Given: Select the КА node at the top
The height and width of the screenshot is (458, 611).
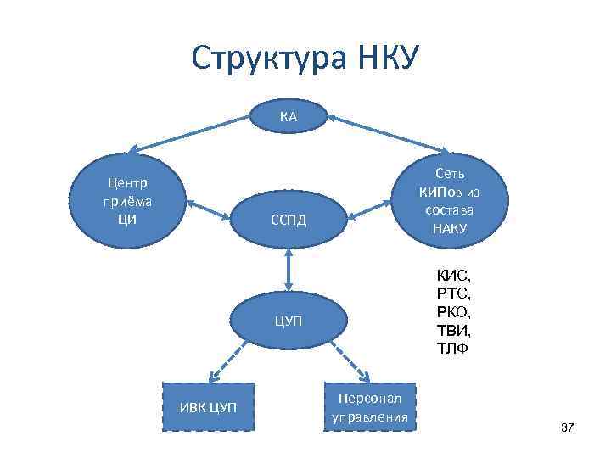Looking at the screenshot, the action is click(x=289, y=117).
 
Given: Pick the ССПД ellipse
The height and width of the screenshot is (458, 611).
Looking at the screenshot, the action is click(x=289, y=221).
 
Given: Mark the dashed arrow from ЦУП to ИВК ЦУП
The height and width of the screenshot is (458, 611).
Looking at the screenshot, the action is click(x=227, y=366).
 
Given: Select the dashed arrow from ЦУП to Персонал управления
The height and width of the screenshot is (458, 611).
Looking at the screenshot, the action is click(x=349, y=366).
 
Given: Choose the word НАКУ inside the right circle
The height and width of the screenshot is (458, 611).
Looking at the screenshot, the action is click(x=449, y=227).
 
